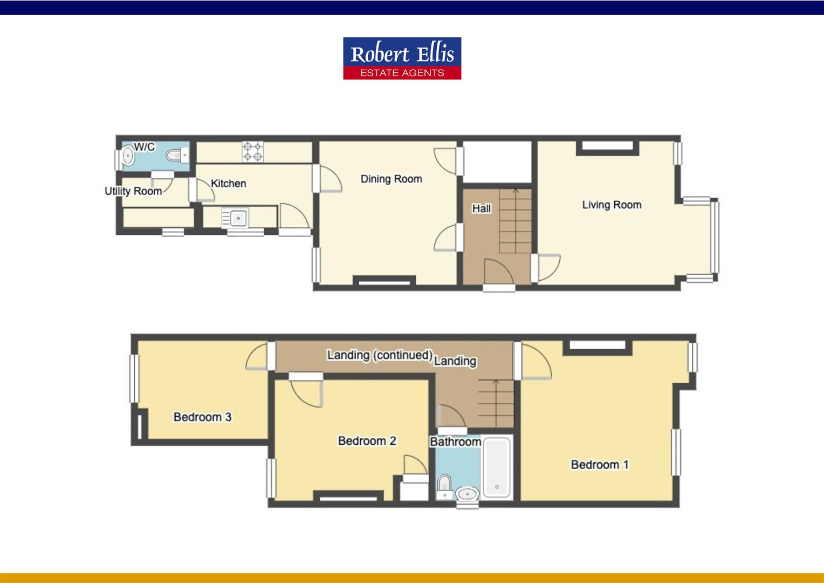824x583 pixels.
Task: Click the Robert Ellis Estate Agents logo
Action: click(402, 58)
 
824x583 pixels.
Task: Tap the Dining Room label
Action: click(391, 179)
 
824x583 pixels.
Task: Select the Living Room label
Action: click(612, 205)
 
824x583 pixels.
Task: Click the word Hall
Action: click(481, 208)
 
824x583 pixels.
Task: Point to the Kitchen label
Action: click(228, 184)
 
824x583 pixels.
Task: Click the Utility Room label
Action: click(133, 191)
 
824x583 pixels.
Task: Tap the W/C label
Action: click(144, 147)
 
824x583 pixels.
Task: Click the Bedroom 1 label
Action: click(600, 465)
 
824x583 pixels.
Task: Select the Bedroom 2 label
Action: click(367, 441)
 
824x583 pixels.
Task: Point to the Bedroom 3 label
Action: click(202, 417)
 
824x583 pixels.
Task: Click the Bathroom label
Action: click(455, 442)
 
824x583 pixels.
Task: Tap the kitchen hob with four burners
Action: click(252, 151)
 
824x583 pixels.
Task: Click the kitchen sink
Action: click(235, 218)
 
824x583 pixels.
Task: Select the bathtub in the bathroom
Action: click(496, 467)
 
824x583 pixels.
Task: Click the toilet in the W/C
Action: click(175, 156)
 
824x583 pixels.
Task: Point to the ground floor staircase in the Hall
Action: click(515, 221)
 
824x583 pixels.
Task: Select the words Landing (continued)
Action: click(379, 355)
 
